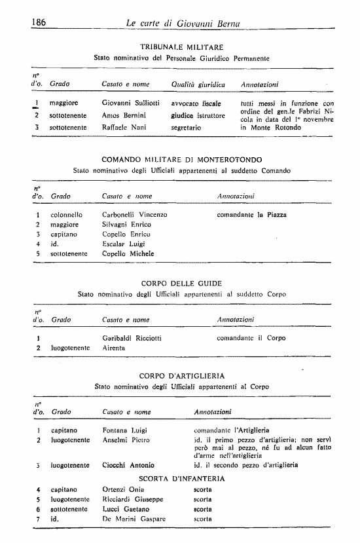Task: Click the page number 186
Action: pos(41,23)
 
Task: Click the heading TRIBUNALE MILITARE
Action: pos(182,47)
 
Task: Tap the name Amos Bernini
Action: pos(124,115)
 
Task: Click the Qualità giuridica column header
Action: pos(198,84)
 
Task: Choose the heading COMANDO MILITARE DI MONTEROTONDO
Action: pos(182,159)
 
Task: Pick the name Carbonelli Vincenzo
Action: pos(135,214)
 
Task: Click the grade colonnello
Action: pos(67,214)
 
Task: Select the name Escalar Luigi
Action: pos(124,243)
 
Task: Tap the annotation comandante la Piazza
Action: pos(251,214)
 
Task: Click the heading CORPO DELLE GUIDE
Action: pos(182,284)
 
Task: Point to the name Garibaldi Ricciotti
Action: pos(132,338)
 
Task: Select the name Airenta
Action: pos(114,348)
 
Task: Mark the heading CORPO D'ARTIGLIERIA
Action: pos(182,376)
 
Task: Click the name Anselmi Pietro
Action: pos(126,440)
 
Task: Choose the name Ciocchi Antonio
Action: pos(128,465)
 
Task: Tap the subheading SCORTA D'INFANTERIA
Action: pos(182,478)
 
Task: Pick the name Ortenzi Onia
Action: pos(123,489)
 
